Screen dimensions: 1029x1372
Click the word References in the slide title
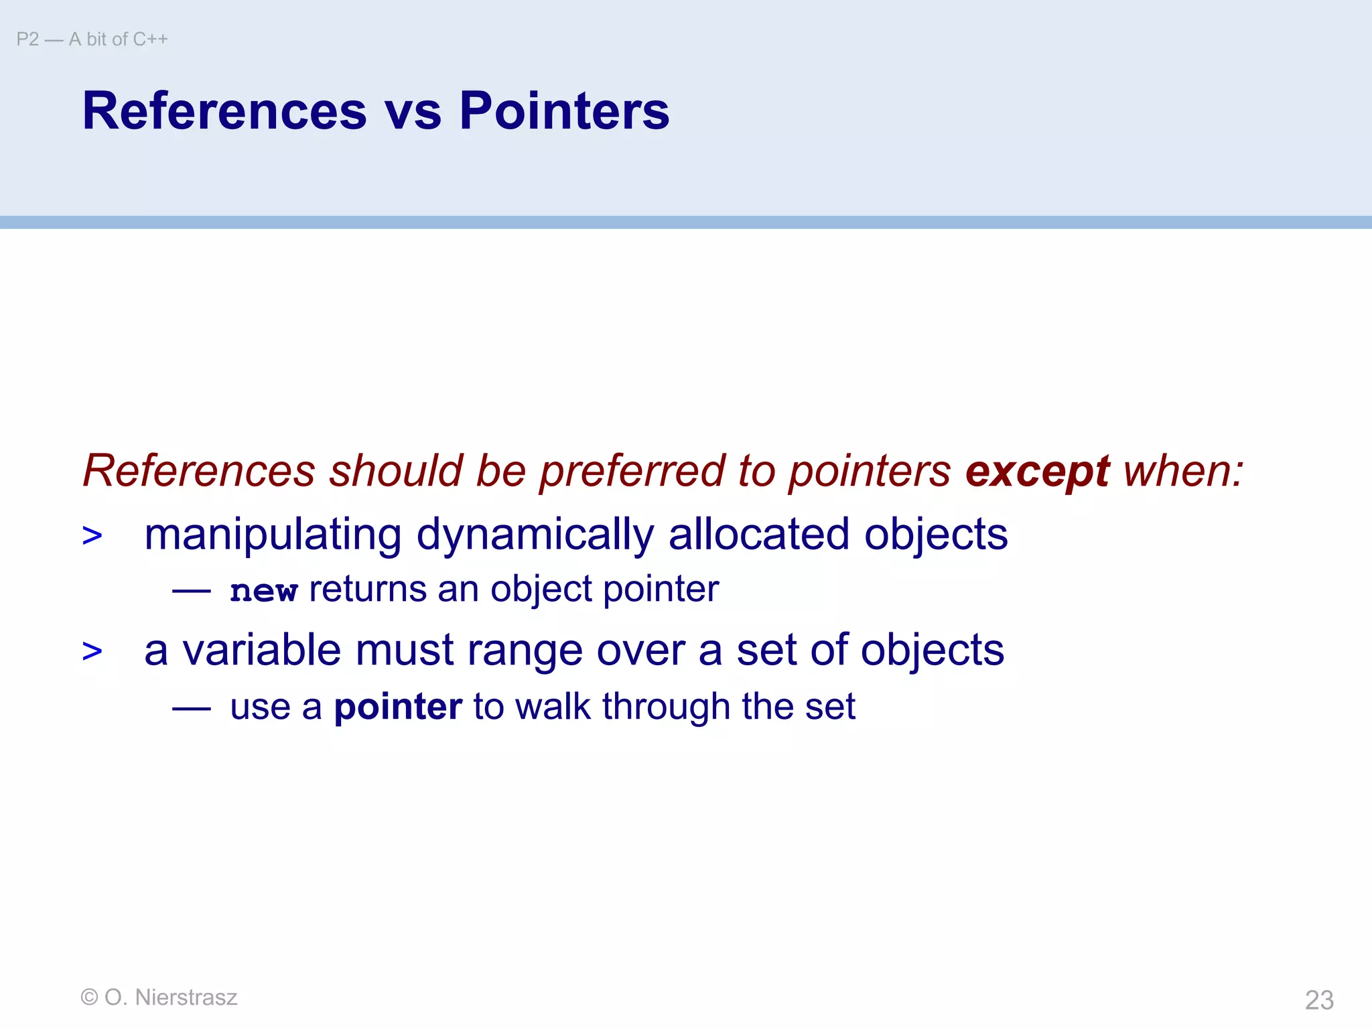click(224, 111)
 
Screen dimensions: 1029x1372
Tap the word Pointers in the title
click(564, 111)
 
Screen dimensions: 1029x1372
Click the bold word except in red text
click(1037, 472)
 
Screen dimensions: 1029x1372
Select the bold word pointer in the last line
click(398, 707)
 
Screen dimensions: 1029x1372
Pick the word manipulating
click(273, 535)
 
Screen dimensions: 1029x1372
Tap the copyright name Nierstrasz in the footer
click(186, 998)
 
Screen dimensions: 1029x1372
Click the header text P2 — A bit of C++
click(92, 40)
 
